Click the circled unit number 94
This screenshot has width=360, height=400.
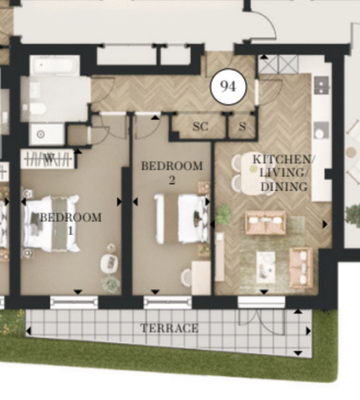pyautogui.click(x=228, y=87)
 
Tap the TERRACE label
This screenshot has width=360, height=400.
pyautogui.click(x=170, y=328)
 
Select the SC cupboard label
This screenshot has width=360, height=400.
pyautogui.click(x=200, y=126)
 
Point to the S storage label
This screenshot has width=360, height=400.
pyautogui.click(x=242, y=126)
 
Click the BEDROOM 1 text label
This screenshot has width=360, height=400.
pyautogui.click(x=71, y=224)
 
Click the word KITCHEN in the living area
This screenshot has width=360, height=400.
pyautogui.click(x=282, y=159)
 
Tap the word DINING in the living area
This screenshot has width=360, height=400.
pyautogui.click(x=284, y=186)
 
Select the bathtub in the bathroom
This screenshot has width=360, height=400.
pyautogui.click(x=55, y=66)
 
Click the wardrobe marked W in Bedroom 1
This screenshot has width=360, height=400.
pyautogui.click(x=48, y=159)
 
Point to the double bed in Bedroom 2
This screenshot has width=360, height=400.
pyautogui.click(x=182, y=218)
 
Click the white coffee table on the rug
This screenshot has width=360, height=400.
pyautogui.click(x=265, y=267)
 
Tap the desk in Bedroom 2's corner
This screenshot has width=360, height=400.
pyautogui.click(x=201, y=277)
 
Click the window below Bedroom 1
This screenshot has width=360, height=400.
pyautogui.click(x=74, y=303)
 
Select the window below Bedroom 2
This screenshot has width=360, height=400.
pyautogui.click(x=167, y=303)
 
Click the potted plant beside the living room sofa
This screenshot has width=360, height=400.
pyautogui.click(x=224, y=215)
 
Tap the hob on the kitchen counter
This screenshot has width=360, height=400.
pyautogui.click(x=321, y=85)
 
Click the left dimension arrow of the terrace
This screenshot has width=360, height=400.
pyautogui.click(x=29, y=331)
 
